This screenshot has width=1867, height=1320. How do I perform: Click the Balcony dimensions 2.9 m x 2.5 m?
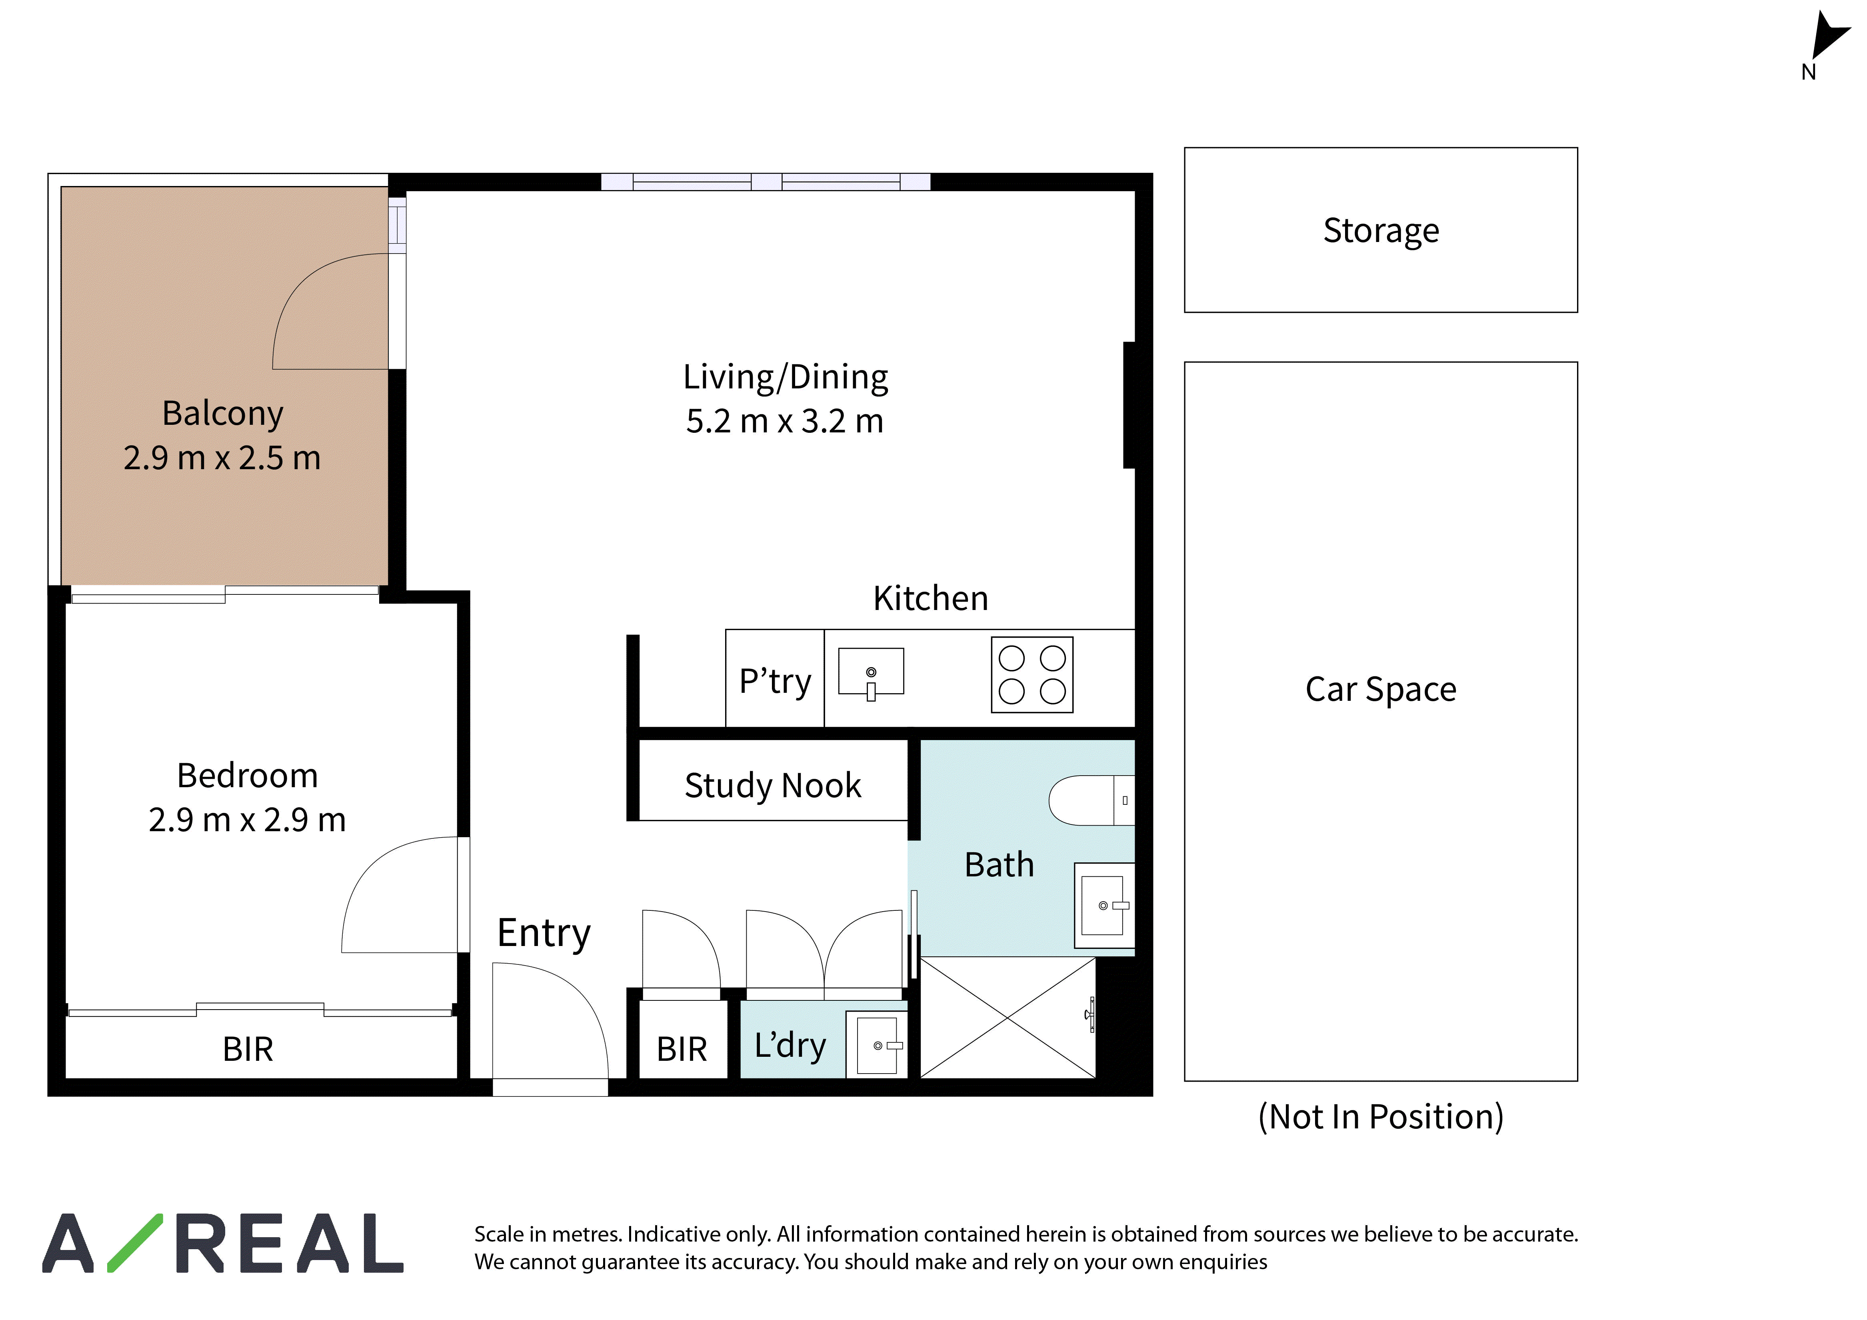coord(222,458)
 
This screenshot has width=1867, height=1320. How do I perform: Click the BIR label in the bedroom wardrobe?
coord(248,1049)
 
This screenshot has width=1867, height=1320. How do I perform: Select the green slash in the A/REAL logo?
coord(135,1243)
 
